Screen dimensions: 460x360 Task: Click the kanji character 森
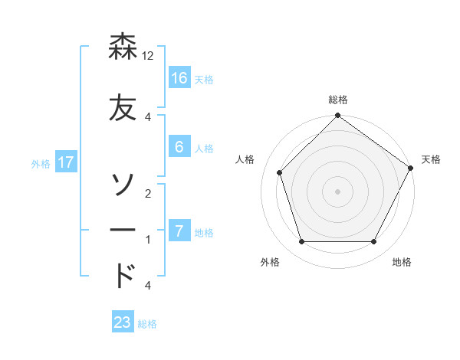point(123,48)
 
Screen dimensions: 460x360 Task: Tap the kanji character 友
point(123,107)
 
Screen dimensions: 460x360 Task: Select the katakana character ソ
point(123,185)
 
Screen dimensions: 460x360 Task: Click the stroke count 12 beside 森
point(149,57)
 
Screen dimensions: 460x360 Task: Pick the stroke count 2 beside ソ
point(148,194)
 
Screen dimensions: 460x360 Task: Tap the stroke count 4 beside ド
point(148,286)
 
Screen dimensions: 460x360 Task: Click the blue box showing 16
point(179,78)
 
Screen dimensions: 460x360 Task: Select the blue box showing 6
point(179,147)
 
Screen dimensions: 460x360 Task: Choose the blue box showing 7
point(179,231)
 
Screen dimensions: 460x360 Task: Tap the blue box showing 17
point(65,162)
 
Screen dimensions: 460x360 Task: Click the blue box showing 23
point(123,322)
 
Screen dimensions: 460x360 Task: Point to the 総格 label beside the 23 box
point(147,324)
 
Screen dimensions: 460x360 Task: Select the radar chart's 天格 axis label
point(431,159)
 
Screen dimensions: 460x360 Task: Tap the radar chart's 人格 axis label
point(245,159)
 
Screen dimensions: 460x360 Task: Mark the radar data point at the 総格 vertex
point(337,116)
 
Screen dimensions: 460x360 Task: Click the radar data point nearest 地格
point(374,242)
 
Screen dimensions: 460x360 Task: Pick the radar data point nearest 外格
point(301,242)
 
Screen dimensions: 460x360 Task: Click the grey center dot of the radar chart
point(337,191)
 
